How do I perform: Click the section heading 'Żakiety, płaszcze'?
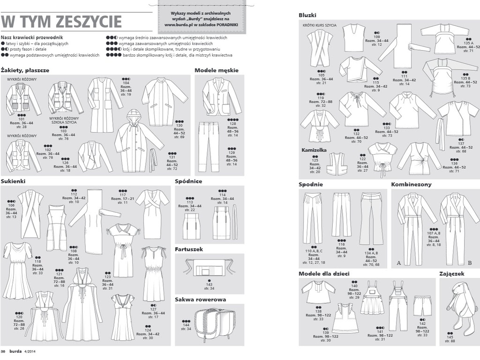click(25, 70)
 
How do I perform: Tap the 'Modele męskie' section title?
click(216, 70)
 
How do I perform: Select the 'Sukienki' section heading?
click(13, 180)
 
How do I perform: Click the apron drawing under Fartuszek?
click(209, 270)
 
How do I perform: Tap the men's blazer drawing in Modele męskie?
click(221, 96)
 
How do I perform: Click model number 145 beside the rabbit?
click(450, 337)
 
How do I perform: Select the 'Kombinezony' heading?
click(411, 184)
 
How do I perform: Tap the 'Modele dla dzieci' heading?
click(324, 273)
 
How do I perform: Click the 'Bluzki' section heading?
click(308, 15)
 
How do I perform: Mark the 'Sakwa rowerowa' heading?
click(200, 299)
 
